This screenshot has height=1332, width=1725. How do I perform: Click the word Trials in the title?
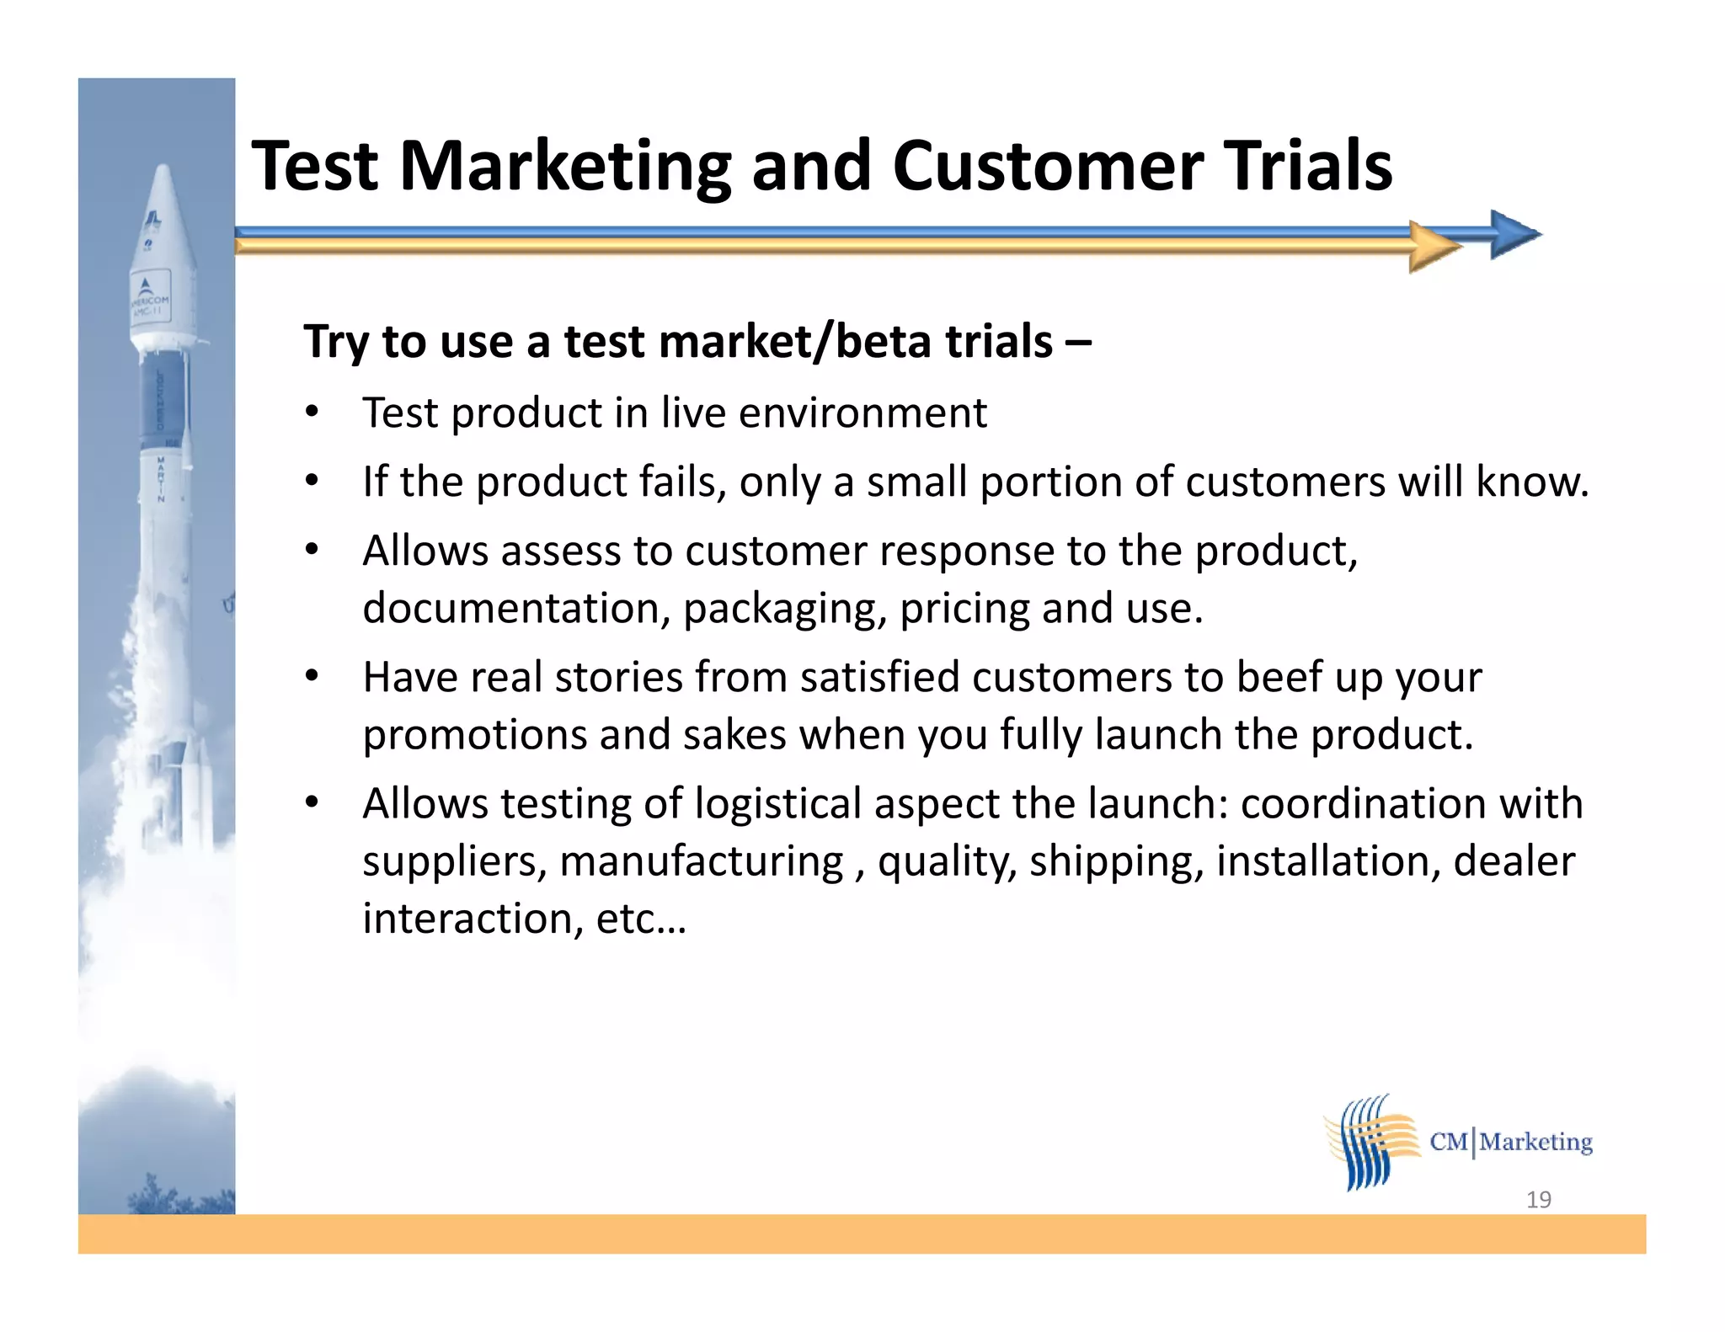pos(1307,166)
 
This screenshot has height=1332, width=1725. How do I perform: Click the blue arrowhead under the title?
pos(1514,234)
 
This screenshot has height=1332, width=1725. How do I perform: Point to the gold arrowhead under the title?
pos(1434,247)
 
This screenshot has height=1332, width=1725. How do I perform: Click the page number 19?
pos(1538,1199)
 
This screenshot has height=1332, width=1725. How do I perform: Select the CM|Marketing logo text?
pos(1511,1142)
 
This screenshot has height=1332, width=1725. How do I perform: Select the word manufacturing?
pos(701,861)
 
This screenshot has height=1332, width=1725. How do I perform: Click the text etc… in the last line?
pos(641,919)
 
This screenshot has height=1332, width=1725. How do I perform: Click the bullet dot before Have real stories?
pos(312,676)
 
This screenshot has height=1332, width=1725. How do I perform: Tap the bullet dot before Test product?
pos(312,413)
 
